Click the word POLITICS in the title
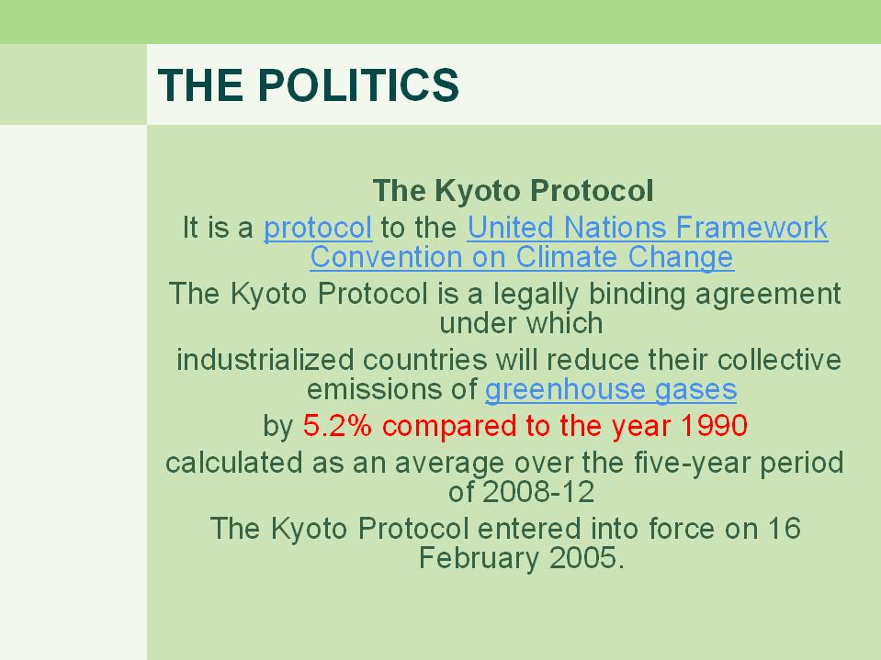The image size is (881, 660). point(358,84)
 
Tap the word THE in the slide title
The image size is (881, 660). point(200,84)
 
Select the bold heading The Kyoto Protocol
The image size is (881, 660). point(513,190)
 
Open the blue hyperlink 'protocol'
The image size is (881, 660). point(318,229)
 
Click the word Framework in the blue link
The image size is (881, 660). point(751,228)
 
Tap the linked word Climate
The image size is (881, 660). point(566,257)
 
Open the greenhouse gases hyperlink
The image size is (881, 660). point(611,390)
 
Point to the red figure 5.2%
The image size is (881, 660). point(337,425)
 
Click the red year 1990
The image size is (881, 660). point(714,425)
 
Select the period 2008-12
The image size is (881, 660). point(537,492)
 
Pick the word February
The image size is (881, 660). point(479,559)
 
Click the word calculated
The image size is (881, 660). point(233,463)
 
